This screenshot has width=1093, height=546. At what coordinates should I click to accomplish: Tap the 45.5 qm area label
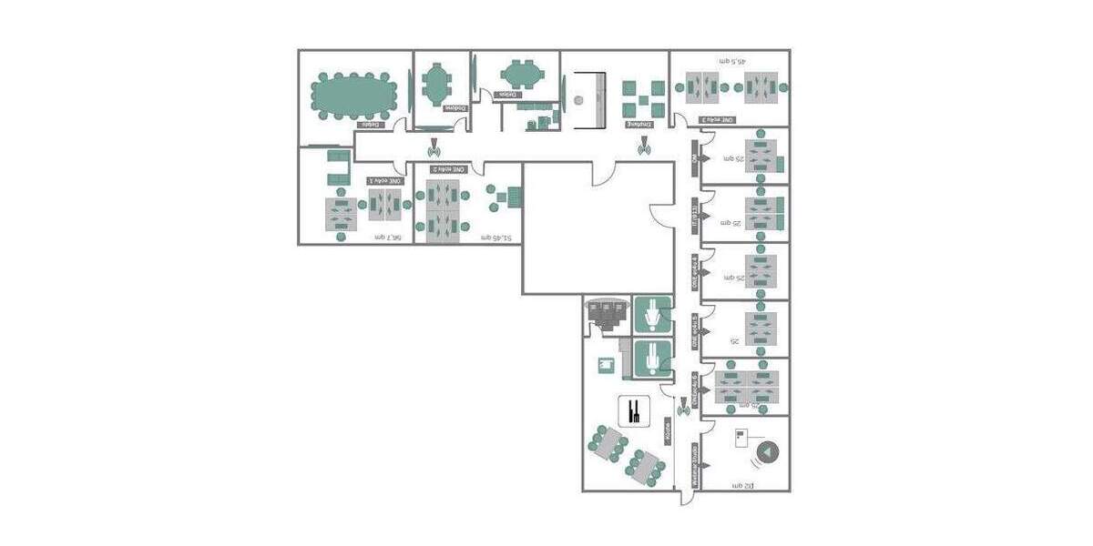731,62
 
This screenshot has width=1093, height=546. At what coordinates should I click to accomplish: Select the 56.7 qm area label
388,237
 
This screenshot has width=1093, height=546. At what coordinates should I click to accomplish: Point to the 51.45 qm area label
495,238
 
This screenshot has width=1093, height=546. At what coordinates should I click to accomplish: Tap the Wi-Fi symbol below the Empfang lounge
645,143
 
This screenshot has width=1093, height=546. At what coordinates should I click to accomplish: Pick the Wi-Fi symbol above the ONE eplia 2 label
434,143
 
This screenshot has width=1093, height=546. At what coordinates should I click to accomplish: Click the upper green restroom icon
652,315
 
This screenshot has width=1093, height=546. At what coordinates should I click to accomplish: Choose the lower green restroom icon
652,359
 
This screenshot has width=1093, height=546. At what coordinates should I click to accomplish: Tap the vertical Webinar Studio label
695,464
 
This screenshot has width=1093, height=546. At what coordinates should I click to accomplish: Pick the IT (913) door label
694,215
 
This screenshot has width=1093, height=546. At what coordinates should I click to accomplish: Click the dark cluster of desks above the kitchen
607,314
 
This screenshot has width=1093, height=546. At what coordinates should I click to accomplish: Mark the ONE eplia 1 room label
384,180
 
